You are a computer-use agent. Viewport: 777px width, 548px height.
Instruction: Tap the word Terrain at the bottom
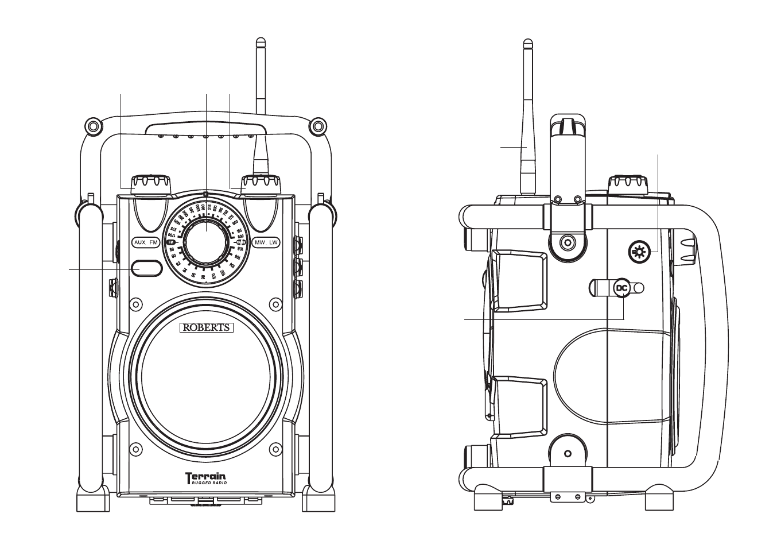205,476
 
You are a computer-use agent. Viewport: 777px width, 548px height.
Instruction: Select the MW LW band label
266,243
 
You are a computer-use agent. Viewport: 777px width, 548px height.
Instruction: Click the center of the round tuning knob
206,236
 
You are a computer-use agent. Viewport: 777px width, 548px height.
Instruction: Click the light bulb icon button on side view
638,252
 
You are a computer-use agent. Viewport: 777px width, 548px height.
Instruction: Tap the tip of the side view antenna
527,43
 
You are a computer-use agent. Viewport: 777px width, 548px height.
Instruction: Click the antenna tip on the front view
261,43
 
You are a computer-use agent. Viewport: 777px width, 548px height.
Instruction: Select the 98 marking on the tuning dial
193,275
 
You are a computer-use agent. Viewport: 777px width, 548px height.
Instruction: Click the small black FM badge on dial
171,243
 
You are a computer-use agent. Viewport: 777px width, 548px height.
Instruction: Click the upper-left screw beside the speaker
136,302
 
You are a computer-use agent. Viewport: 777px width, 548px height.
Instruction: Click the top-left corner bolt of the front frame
90,125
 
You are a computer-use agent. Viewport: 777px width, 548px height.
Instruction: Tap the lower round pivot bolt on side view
567,454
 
